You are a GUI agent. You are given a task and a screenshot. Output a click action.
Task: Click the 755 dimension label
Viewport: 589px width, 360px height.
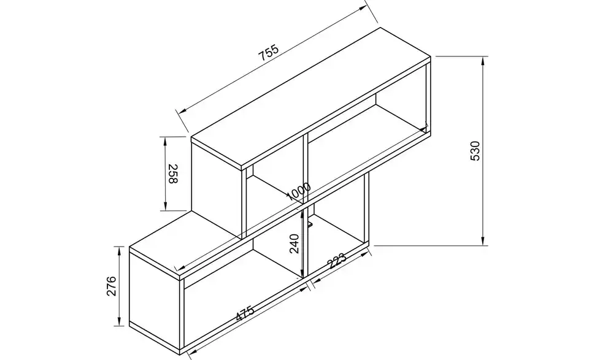point(269,53)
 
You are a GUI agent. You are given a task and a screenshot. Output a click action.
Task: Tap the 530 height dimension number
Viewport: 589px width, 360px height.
point(475,150)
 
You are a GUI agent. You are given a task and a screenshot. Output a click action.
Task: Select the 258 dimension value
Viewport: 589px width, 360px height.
point(172,174)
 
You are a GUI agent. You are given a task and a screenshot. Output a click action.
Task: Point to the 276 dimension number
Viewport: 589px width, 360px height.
point(112,286)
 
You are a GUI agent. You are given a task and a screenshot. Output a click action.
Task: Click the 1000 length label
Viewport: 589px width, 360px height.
point(299,191)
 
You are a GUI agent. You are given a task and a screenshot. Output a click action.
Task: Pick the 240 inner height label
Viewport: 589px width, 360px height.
point(294,243)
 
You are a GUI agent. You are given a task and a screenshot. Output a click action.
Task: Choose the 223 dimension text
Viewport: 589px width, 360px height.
point(336,261)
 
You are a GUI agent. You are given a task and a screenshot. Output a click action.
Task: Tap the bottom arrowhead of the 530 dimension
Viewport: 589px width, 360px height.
point(483,241)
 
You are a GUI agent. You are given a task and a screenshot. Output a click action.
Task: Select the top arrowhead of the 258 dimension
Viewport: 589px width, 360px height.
point(165,141)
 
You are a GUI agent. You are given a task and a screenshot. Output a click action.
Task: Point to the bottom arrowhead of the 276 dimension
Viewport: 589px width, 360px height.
point(119,322)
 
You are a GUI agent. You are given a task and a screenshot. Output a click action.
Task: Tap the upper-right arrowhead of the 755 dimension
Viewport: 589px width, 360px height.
point(363,8)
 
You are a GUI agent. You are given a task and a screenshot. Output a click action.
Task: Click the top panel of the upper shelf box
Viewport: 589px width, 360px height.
point(311,98)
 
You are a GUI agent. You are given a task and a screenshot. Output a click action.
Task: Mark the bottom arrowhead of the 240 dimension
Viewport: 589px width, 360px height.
point(302,274)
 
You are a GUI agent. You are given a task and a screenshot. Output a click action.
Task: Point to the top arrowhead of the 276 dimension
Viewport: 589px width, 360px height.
point(119,251)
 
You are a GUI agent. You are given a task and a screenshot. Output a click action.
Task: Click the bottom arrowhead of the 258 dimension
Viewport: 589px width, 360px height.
point(165,206)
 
